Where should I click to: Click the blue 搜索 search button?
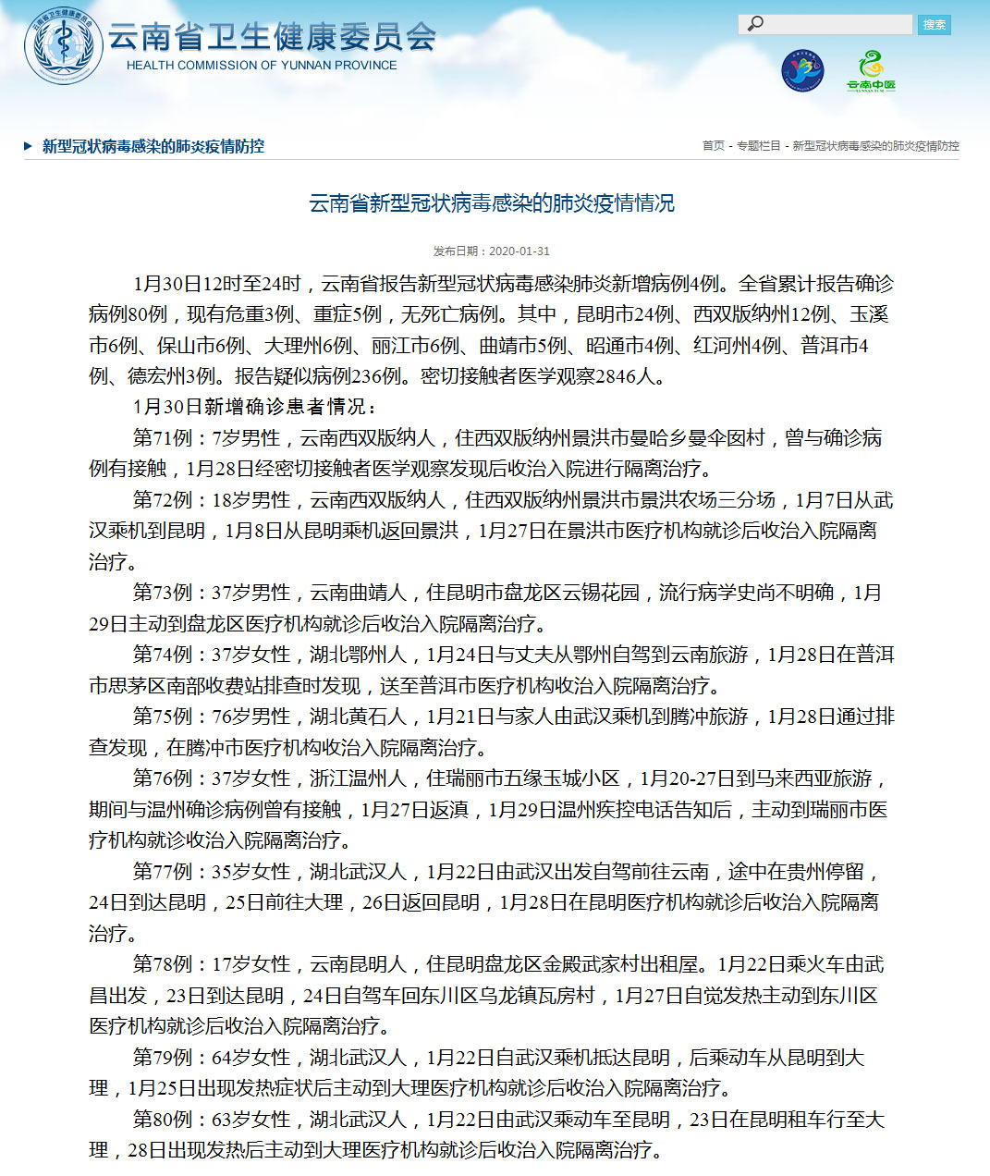click(x=935, y=25)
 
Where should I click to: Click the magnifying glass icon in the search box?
click(x=756, y=24)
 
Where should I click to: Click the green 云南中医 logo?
click(x=871, y=71)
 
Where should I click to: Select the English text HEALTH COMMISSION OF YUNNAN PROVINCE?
click(x=262, y=66)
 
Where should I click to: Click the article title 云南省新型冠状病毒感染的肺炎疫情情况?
click(x=492, y=203)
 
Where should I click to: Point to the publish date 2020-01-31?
click(x=519, y=251)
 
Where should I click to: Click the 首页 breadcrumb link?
click(x=714, y=146)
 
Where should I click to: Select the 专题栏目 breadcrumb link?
click(x=758, y=146)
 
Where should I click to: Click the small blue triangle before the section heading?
click(x=29, y=146)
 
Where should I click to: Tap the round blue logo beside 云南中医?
click(x=801, y=71)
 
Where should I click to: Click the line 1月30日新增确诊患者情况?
click(x=255, y=407)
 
